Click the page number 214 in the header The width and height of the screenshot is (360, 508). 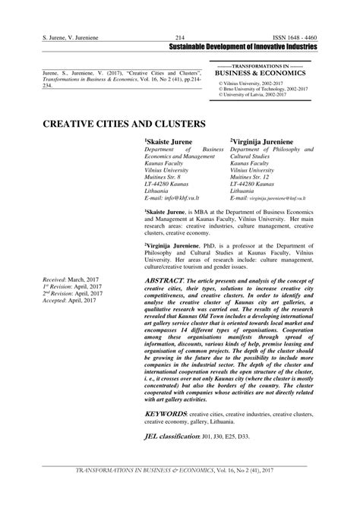coord(180,37)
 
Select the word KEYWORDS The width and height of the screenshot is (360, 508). coord(165,413)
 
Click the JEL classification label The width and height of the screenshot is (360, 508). coord(172,437)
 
